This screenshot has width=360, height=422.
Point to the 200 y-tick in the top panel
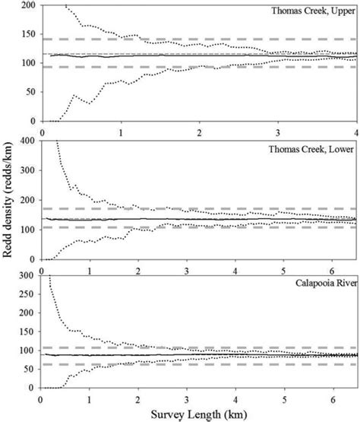point(28,5)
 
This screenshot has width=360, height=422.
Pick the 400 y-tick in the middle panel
point(28,141)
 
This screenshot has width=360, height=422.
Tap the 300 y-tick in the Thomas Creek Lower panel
point(28,171)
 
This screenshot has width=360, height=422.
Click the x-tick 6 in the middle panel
point(332,268)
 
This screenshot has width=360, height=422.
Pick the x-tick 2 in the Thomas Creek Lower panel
point(138,268)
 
